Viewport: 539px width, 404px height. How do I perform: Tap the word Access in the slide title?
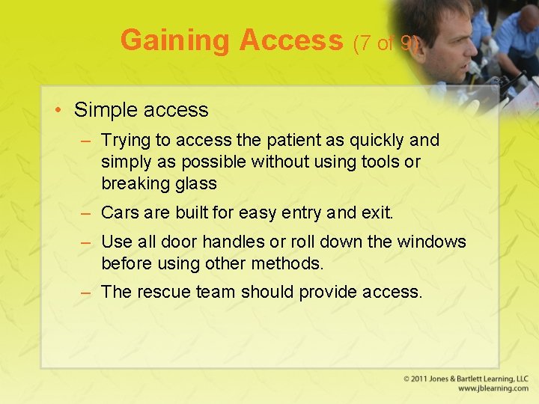pyautogui.click(x=290, y=40)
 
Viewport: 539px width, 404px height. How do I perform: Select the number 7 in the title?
pyautogui.click(x=364, y=43)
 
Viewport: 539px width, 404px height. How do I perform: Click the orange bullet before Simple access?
pyautogui.click(x=58, y=111)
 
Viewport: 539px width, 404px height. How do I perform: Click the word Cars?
pyautogui.click(x=119, y=212)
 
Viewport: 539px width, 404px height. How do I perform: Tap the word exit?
pyautogui.click(x=377, y=212)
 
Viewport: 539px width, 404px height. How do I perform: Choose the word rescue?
pyautogui.click(x=160, y=292)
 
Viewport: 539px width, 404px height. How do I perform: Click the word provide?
pyautogui.click(x=326, y=292)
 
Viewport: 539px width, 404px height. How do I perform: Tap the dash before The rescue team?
pyautogui.click(x=87, y=292)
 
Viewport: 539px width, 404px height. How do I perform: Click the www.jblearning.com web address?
pyautogui.click(x=493, y=389)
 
